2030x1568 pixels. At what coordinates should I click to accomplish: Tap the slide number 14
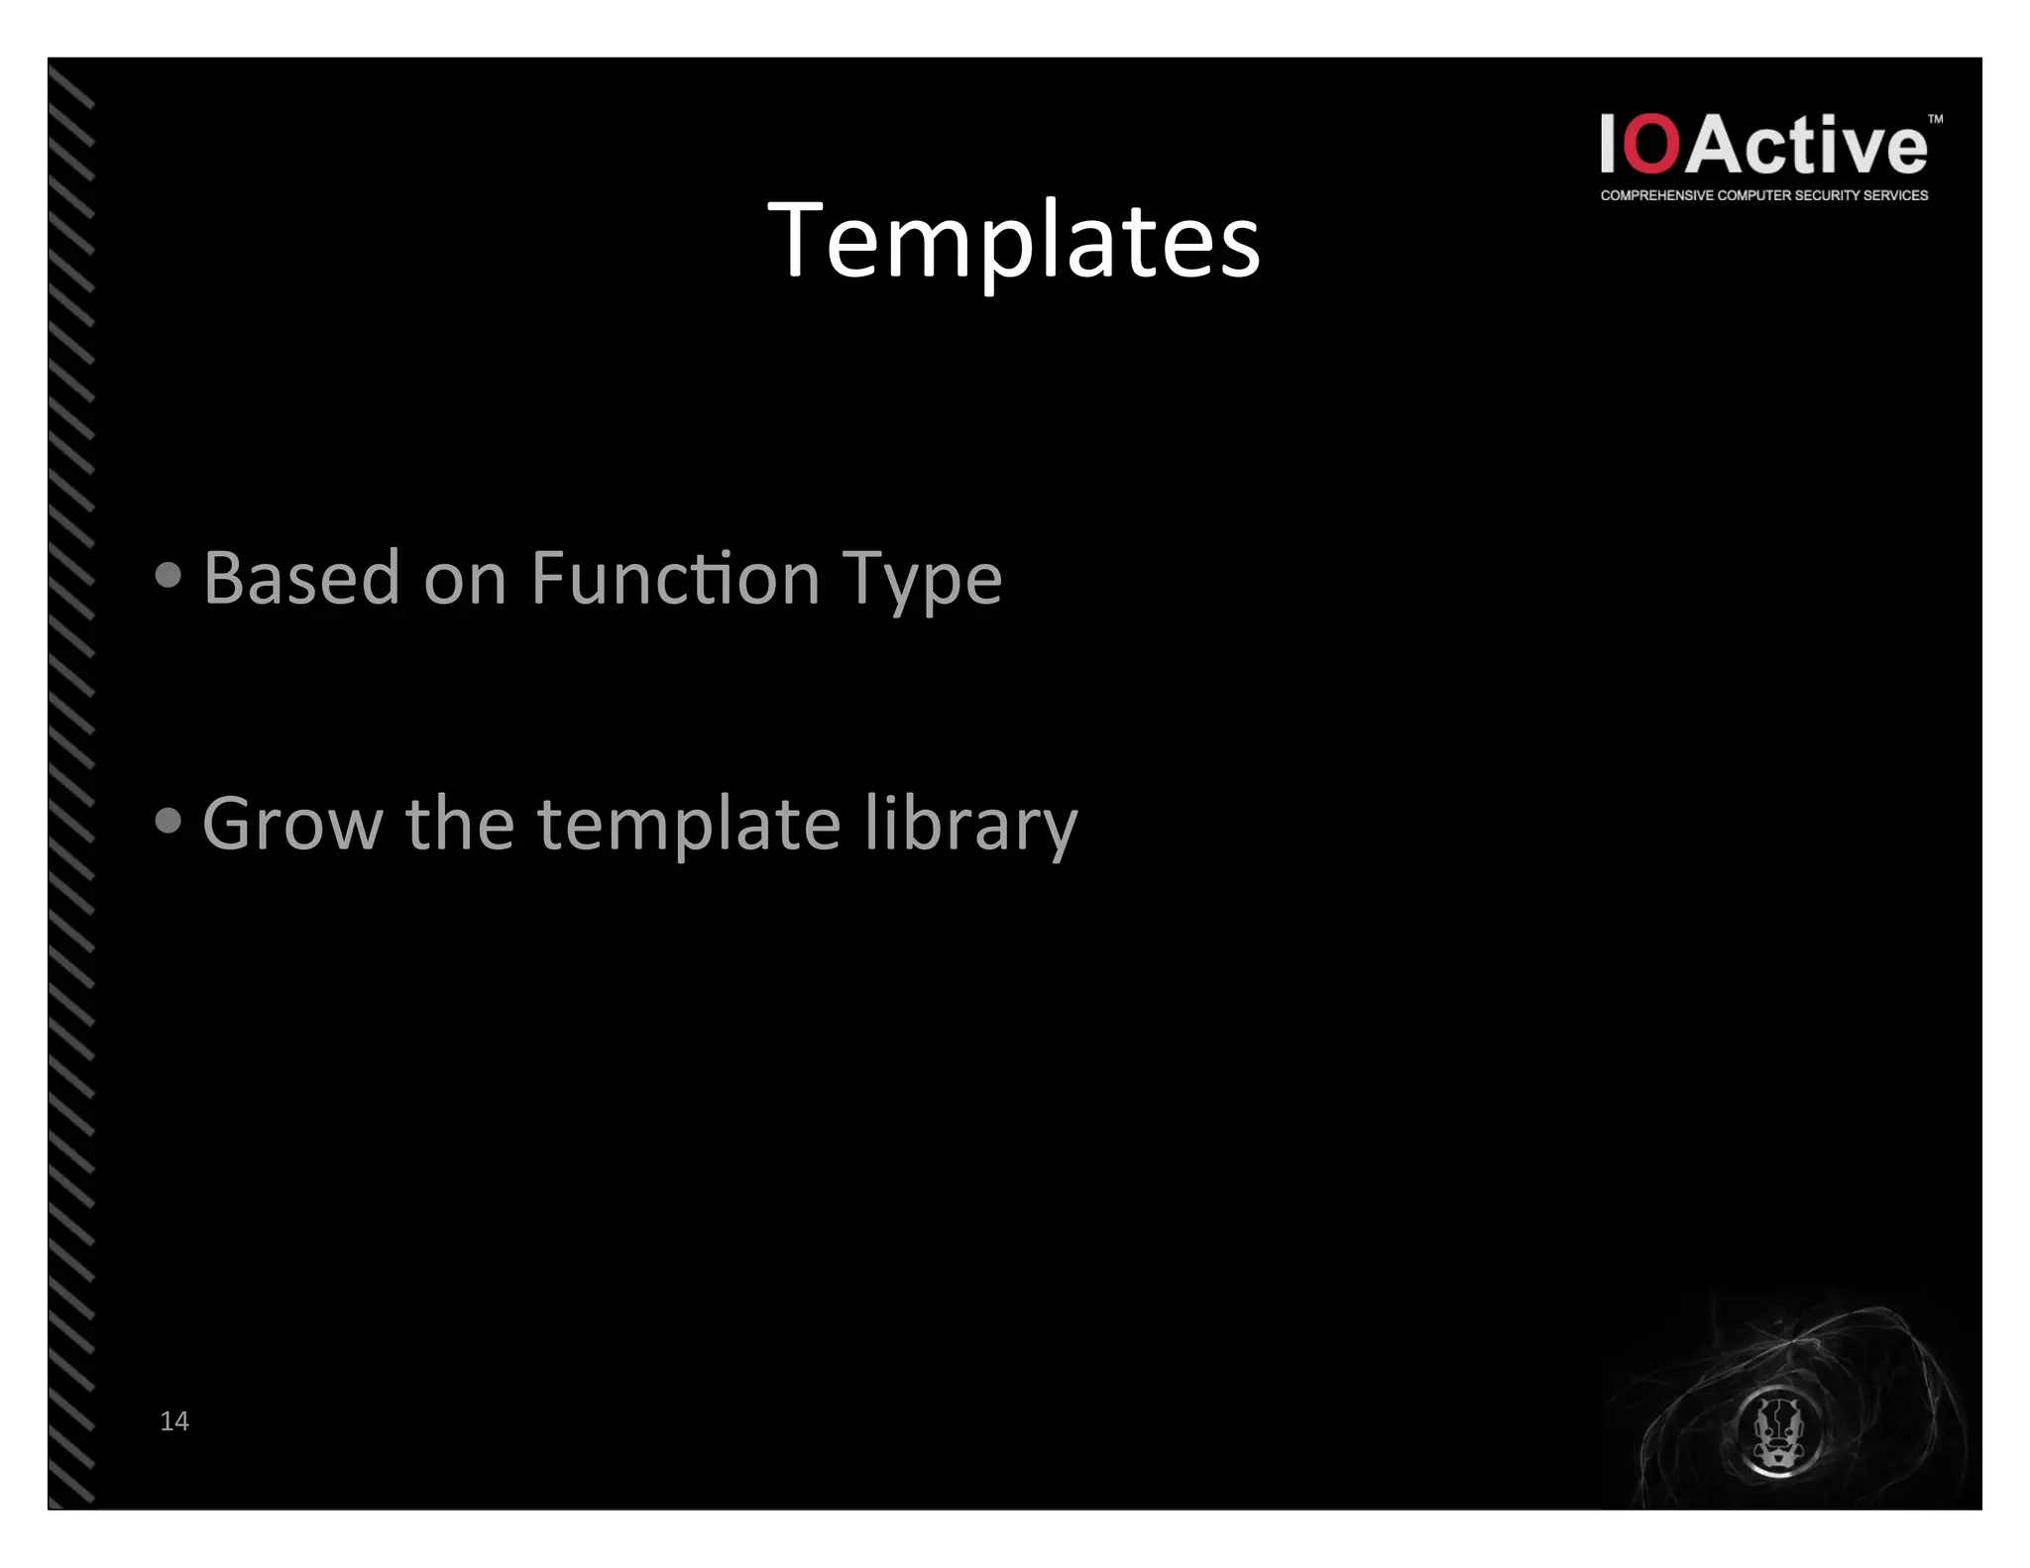(x=173, y=1420)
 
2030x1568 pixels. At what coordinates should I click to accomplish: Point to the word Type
(x=922, y=580)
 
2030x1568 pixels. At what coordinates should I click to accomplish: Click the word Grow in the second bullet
(x=292, y=824)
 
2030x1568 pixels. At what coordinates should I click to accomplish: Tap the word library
(x=970, y=824)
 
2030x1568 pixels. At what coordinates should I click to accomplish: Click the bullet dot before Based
(x=169, y=575)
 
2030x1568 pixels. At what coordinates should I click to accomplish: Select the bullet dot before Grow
(x=169, y=821)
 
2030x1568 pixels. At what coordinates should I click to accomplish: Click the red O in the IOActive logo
(x=1652, y=145)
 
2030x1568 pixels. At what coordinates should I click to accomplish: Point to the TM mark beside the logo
(x=1935, y=119)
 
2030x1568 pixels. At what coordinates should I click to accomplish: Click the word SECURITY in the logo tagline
(x=1824, y=195)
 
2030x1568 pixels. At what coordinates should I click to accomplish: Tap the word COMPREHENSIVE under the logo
(x=1656, y=195)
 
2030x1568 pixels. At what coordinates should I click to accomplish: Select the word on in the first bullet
(x=465, y=579)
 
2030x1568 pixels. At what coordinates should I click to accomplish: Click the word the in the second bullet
(x=460, y=824)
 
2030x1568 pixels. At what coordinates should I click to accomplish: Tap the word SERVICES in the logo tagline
(x=1895, y=195)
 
